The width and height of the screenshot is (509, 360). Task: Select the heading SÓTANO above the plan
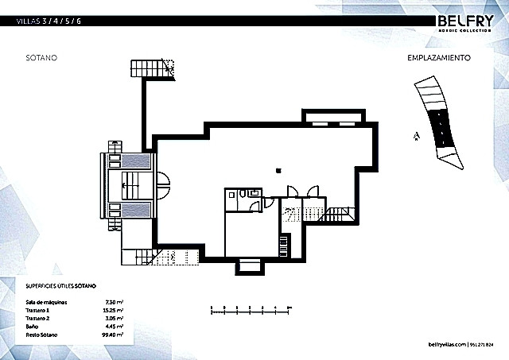[41, 58]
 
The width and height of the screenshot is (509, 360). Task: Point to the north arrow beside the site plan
[415, 137]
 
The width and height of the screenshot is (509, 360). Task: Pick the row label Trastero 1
[39, 309]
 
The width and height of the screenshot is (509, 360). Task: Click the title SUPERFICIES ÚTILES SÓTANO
[60, 285]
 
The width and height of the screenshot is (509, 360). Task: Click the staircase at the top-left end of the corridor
[152, 68]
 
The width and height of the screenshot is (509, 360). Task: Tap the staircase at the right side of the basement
[340, 215]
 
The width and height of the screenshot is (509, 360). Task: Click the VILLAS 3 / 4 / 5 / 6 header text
[49, 21]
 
